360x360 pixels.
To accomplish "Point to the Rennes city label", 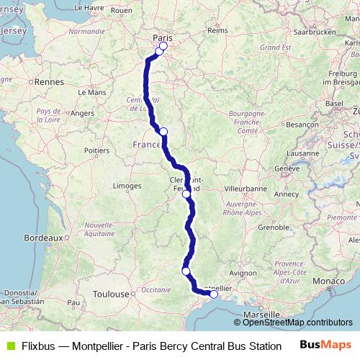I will [x=50, y=82].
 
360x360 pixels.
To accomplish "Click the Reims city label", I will [x=217, y=30].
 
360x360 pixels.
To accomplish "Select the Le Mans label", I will [x=91, y=92].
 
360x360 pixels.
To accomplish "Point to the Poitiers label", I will [x=96, y=150].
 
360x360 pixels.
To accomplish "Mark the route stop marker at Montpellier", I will [x=214, y=294].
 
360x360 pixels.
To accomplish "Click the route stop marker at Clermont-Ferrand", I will [x=186, y=194].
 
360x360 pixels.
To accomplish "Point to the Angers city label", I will [x=84, y=113].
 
